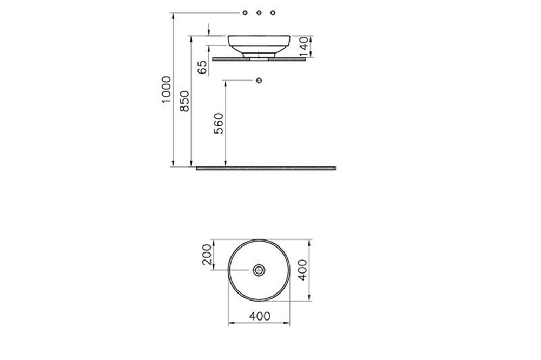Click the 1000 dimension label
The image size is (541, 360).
[x=166, y=90]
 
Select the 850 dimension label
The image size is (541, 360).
[x=185, y=101]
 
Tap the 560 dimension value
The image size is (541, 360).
[x=219, y=123]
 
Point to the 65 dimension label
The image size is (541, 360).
[x=202, y=67]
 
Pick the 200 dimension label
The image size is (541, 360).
[x=207, y=255]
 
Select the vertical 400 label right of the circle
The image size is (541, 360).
[x=302, y=270]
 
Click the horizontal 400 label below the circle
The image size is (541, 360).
[x=260, y=316]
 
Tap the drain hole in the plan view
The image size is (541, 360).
[x=259, y=270]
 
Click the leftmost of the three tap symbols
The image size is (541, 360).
[x=245, y=13]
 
